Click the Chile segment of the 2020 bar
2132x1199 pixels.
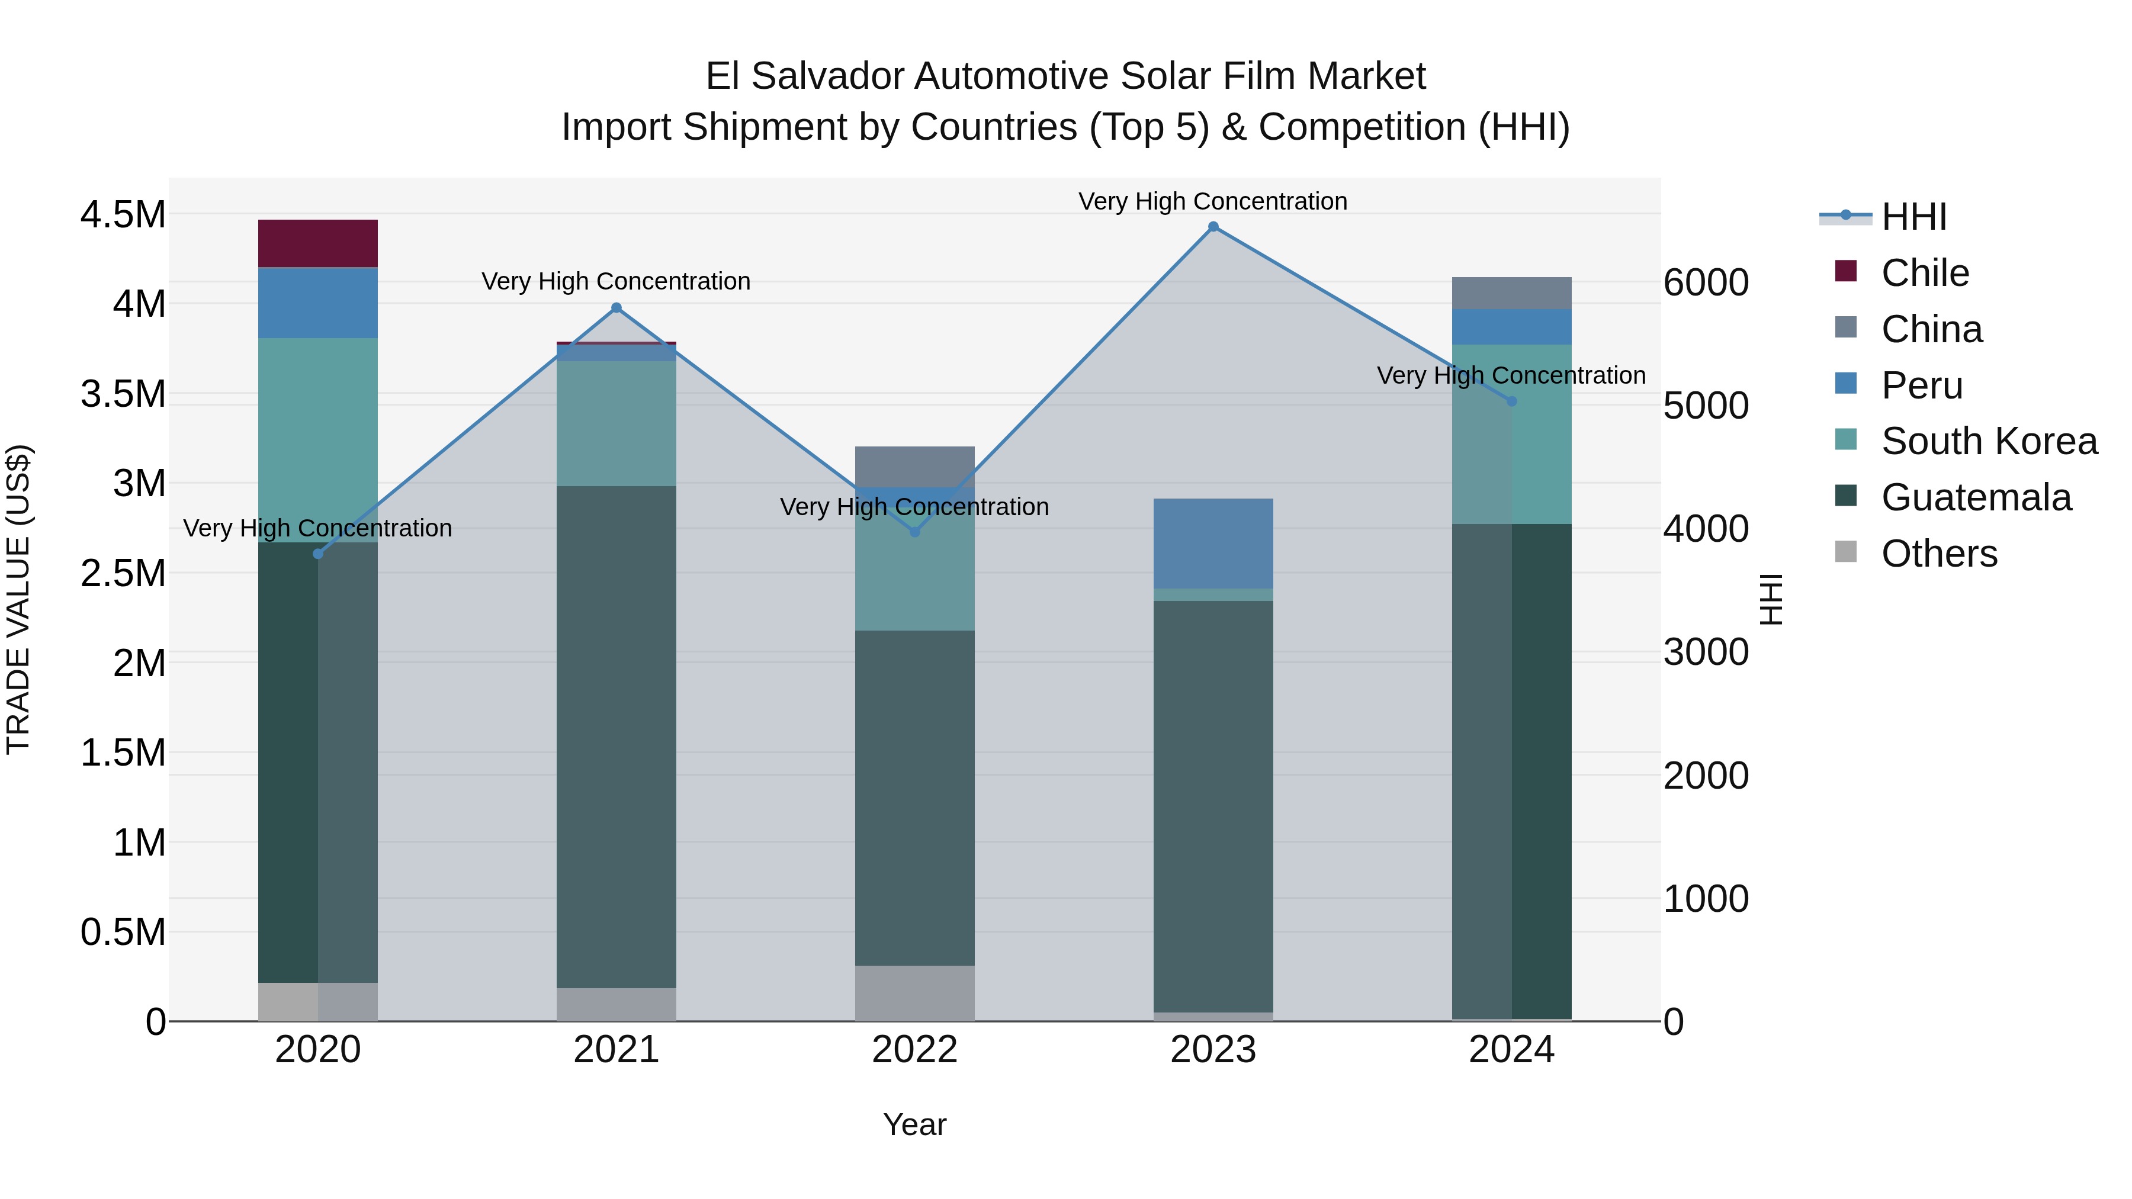click(318, 243)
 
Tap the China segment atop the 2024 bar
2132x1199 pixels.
click(1511, 293)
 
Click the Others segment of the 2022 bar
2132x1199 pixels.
click(914, 992)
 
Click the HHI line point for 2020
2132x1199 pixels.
click(318, 554)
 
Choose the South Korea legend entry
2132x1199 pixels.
click(1988, 441)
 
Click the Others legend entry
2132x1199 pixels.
click(1938, 554)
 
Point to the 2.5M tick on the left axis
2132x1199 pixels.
click(123, 573)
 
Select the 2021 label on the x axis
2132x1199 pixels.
click(616, 1050)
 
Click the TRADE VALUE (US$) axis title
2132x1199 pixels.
click(18, 599)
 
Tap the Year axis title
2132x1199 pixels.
click(914, 1124)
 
